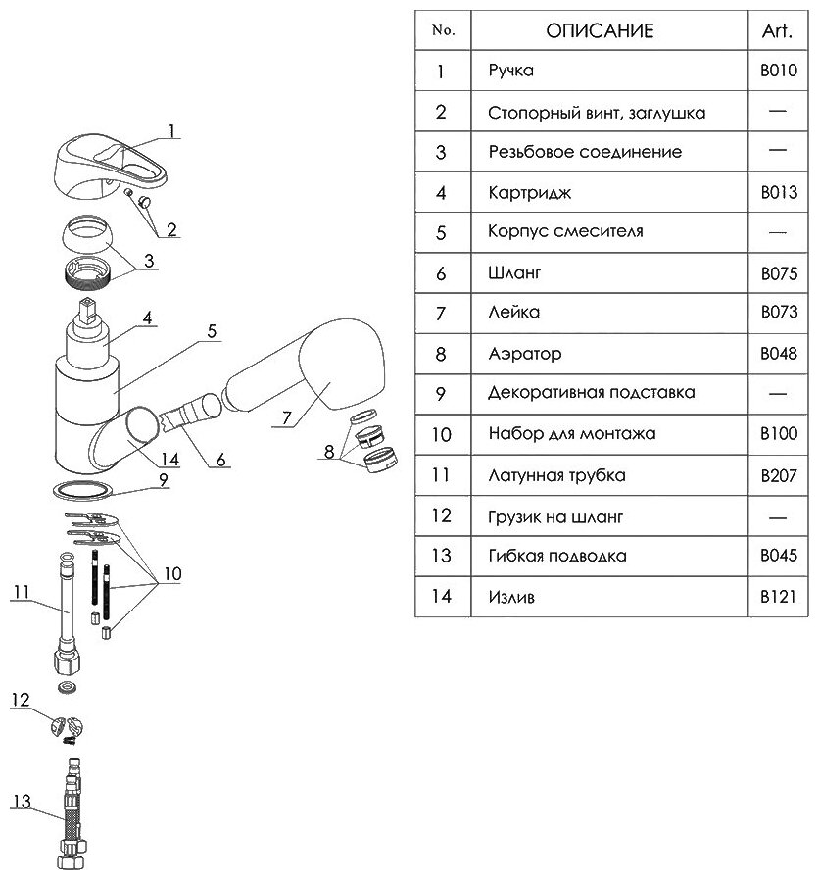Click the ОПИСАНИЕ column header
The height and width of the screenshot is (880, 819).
pyautogui.click(x=599, y=30)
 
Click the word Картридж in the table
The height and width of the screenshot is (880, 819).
pyautogui.click(x=520, y=192)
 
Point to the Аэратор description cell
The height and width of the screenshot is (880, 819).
pyautogui.click(x=524, y=353)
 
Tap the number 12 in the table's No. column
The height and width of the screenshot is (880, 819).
pyautogui.click(x=441, y=515)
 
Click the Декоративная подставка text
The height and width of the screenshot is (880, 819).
pyautogui.click(x=591, y=393)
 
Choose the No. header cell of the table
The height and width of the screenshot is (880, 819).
pyautogui.click(x=443, y=30)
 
